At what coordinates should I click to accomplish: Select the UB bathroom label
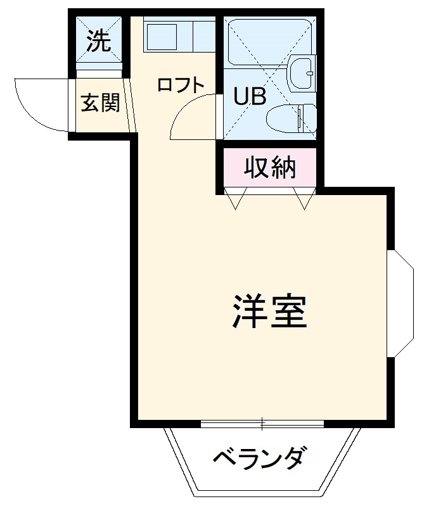pos(250,96)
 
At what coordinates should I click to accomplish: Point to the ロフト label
pos(181,85)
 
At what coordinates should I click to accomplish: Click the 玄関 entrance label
pos(99,103)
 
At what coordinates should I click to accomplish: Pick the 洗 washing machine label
pos(99,42)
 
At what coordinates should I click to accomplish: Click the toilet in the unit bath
pos(293,118)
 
